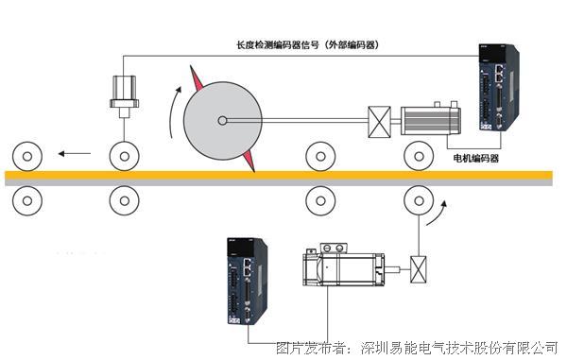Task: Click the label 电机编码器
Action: click(x=476, y=159)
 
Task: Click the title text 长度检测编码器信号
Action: click(x=278, y=45)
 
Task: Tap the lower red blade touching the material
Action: click(x=249, y=162)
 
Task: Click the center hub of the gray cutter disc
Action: click(x=222, y=121)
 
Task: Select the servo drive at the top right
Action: click(x=499, y=87)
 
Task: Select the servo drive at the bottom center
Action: click(x=248, y=282)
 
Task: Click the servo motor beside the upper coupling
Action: click(x=430, y=120)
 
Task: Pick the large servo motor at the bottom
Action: click(x=344, y=266)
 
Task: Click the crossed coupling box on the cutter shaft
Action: click(x=379, y=122)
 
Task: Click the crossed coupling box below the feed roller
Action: click(x=419, y=270)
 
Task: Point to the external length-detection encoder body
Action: click(x=125, y=95)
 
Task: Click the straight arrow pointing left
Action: click(x=75, y=154)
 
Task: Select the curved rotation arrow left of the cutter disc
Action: click(x=174, y=112)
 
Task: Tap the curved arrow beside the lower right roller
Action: click(x=438, y=213)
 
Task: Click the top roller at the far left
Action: click(x=27, y=157)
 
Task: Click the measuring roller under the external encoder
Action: click(x=125, y=157)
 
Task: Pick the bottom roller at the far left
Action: click(x=27, y=200)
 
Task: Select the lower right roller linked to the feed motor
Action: click(x=419, y=200)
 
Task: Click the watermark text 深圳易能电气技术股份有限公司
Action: click(x=459, y=348)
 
